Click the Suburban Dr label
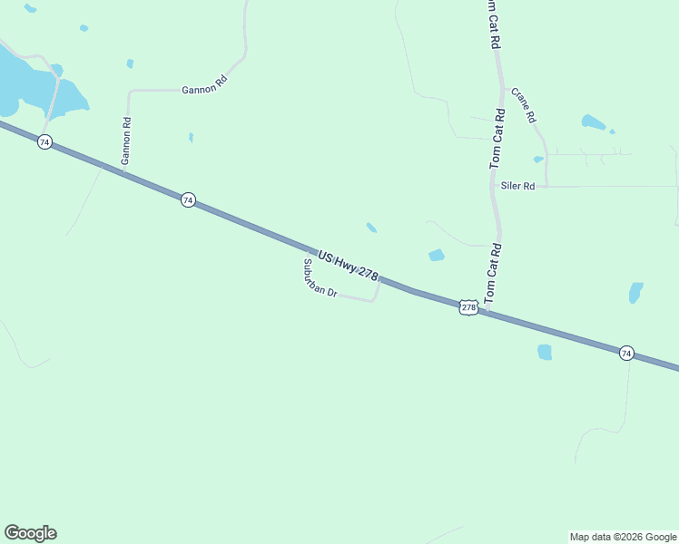pos(320,279)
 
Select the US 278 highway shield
pos(468,307)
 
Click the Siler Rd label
pos(517,186)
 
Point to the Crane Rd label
pos(524,105)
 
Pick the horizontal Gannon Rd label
pos(203,89)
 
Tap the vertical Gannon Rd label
pos(127,141)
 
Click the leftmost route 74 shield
pos(44,142)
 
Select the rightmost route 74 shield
pos(626,353)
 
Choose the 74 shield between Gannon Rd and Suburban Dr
pos(187,199)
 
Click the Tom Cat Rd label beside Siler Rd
pos(497,139)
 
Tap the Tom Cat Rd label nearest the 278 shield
pos(491,273)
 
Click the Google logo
pos(30,533)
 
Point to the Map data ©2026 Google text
pos(623,537)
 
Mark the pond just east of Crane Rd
pos(593,121)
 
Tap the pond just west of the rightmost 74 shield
pos(545,352)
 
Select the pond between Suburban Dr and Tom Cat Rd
pos(437,256)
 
